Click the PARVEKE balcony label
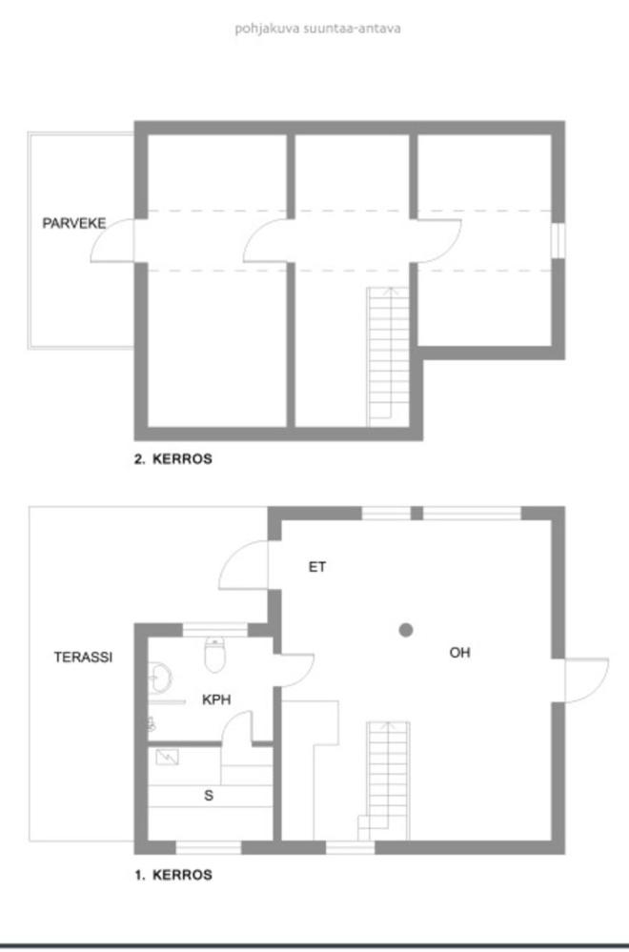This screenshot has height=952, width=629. click(x=74, y=223)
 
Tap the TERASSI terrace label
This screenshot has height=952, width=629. click(x=83, y=657)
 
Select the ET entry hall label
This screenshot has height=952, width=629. click(x=317, y=566)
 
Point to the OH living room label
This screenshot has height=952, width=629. click(x=459, y=653)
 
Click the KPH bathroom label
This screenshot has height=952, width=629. click(x=216, y=699)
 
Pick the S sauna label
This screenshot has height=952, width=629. click(x=209, y=796)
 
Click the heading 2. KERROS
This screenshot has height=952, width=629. click(x=173, y=459)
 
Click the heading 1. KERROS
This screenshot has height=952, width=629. click(x=173, y=875)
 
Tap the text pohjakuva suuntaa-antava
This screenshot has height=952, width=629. click(x=317, y=29)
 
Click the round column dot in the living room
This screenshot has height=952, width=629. click(x=406, y=630)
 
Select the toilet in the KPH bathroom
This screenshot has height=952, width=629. click(x=215, y=655)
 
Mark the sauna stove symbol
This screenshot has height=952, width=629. click(x=167, y=757)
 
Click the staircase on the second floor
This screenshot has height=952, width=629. click(x=388, y=357)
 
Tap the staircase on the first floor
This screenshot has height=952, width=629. click(x=384, y=780)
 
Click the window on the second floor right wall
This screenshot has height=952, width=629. click(x=558, y=240)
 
